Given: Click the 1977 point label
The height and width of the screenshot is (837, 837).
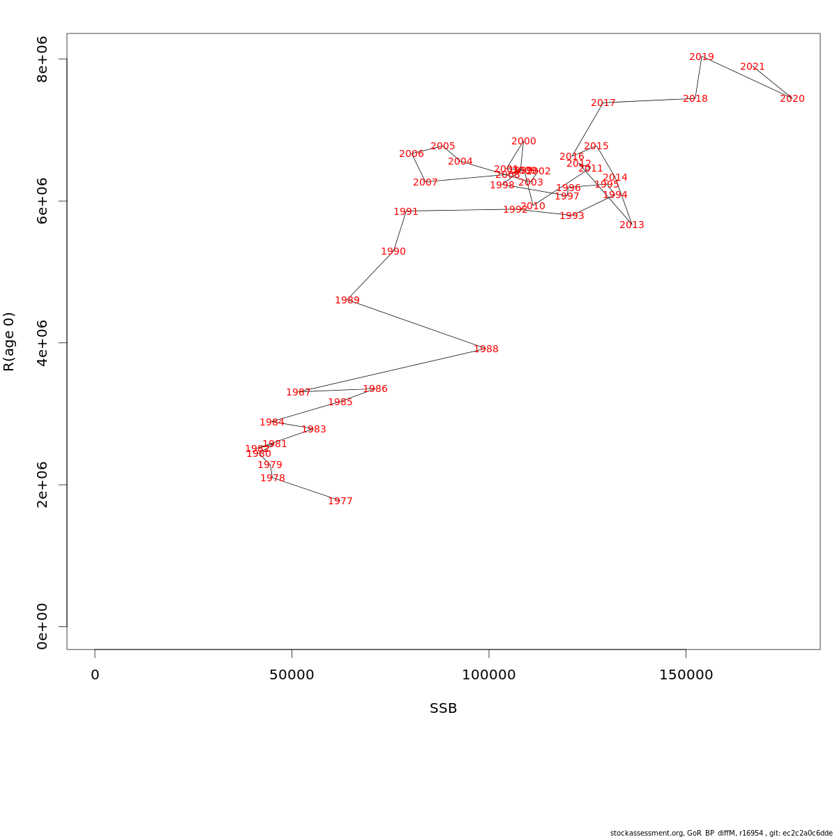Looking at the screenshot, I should pos(340,501).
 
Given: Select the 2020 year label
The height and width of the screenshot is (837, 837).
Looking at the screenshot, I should pos(792,98).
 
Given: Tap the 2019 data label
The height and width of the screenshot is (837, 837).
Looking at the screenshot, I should pos(702,57).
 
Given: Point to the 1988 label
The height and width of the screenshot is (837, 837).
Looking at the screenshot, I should pos(486,349).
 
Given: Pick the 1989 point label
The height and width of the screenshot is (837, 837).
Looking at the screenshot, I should pos(347,300).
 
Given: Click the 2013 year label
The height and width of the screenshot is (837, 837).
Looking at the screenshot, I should pos(632,225).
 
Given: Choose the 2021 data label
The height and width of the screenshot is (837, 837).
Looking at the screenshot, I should pos(753,67).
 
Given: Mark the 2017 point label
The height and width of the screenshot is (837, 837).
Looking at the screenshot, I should pos(603,103).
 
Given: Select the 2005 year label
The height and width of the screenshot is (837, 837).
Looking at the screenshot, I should pos(443,146).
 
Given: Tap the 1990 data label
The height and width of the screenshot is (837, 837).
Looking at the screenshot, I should pos(393,251).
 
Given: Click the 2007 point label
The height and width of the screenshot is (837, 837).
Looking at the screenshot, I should pos(425,182).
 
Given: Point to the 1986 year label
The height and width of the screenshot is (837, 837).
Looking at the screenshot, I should pos(375,389).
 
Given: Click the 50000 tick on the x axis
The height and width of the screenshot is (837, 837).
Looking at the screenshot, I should pos(292,675).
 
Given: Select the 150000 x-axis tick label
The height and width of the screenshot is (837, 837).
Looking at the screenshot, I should pos(686,675).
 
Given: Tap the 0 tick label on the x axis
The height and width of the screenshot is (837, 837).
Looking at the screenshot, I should pos(95,675).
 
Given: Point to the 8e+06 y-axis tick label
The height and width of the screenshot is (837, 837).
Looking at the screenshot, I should pos(43,59).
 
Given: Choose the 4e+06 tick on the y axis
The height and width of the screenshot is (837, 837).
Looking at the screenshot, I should pos(43,342).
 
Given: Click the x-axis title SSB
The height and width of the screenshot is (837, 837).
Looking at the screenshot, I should pos(444,709).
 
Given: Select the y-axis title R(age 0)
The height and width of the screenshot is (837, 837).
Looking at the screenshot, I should pos(9,342).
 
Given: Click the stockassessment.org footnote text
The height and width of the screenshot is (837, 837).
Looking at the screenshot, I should pos(721,833).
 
